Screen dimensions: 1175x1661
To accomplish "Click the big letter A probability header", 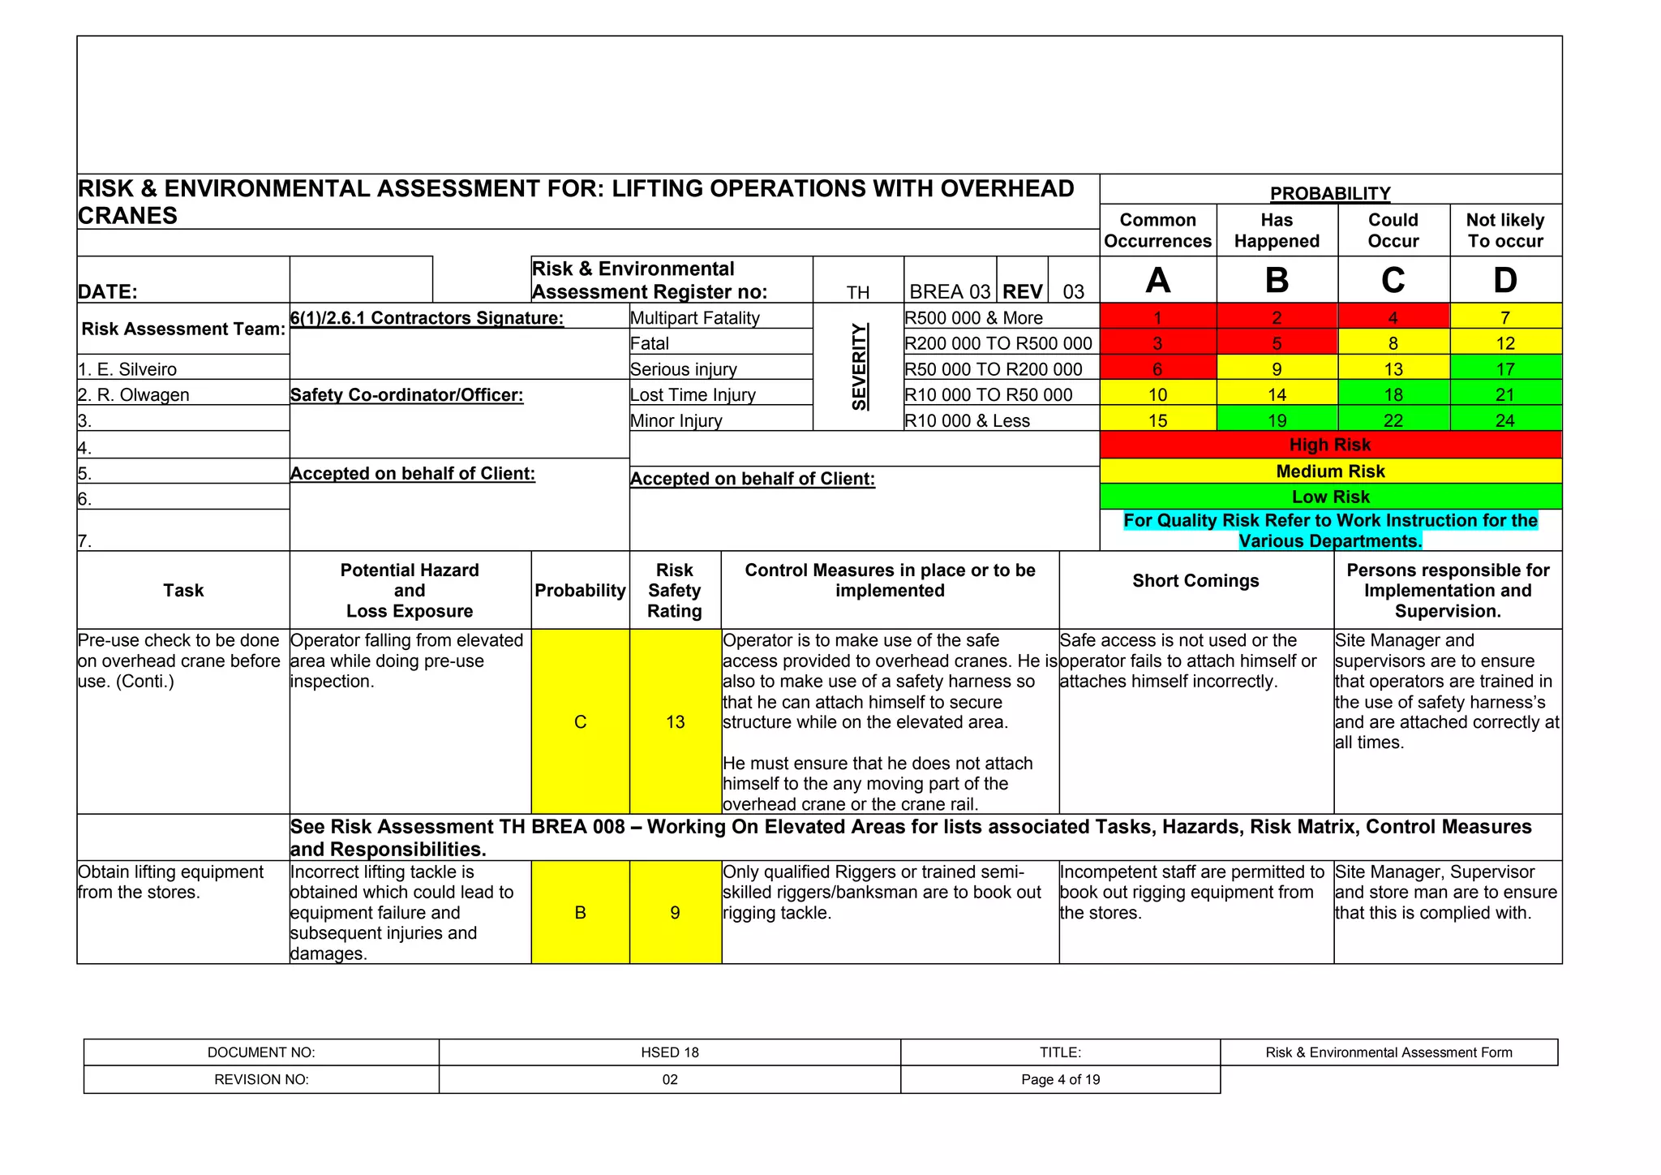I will [1157, 280].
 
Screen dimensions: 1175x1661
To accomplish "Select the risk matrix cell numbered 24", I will [1504, 420].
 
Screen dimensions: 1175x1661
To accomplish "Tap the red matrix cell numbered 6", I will [1157, 369].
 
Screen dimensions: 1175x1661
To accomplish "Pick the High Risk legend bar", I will [1330, 445].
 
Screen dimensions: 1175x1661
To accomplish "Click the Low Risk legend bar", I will [1330, 497].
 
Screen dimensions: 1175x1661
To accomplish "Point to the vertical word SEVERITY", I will [859, 367].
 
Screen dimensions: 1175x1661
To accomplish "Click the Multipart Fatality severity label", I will [695, 318].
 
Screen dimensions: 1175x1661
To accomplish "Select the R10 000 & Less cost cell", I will [968, 420].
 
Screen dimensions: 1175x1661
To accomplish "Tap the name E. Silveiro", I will [127, 369].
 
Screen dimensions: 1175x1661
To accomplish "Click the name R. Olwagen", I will [134, 395].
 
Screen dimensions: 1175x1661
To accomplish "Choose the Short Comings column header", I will [1195, 581].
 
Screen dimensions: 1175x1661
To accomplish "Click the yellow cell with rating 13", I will [675, 721].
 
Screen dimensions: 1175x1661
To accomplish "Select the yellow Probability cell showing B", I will [580, 913].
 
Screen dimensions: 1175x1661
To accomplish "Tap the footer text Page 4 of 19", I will [1060, 1079].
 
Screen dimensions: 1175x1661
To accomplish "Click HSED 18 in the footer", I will [669, 1052].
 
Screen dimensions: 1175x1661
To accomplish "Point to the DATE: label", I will [108, 291].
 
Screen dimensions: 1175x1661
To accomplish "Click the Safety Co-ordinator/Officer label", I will [406, 395].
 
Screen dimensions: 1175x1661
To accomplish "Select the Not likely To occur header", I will [1504, 230].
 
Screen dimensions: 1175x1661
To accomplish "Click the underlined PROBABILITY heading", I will [1330, 193].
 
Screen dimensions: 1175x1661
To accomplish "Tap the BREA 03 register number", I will [950, 291].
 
